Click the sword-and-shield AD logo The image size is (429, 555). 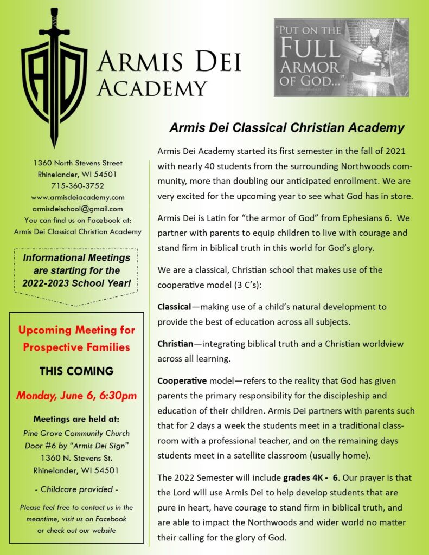[x=54, y=76]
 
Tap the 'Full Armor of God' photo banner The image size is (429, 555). [x=341, y=57]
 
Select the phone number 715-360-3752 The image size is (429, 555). [x=78, y=185]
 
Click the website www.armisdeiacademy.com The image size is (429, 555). [x=78, y=197]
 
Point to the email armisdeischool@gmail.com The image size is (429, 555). [x=78, y=209]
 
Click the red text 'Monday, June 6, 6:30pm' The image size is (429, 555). [x=76, y=396]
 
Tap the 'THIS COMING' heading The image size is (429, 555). [x=76, y=371]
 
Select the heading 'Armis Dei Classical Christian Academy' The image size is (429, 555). [x=287, y=128]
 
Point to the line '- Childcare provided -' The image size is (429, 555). [x=76, y=489]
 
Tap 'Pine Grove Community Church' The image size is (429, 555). [x=76, y=434]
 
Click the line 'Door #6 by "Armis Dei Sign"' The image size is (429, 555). [x=76, y=446]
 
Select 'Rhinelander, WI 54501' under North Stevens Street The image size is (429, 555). [x=78, y=174]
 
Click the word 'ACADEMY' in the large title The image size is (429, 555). [x=151, y=88]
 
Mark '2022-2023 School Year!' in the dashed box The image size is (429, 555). [x=76, y=282]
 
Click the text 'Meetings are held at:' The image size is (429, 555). [x=76, y=419]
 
